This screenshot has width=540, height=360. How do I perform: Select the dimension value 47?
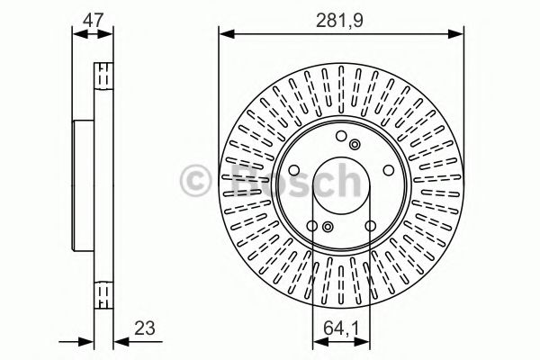coord(93,15)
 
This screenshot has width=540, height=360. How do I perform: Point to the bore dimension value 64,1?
coord(339,329)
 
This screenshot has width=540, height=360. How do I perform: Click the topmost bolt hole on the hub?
coord(340,137)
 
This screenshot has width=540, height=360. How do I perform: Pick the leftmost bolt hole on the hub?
coord(294,170)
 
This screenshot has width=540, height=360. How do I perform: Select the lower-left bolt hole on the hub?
coord(311,224)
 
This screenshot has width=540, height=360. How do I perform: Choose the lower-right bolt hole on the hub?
coord(369,224)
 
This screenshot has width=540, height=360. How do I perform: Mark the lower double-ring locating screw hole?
coord(328,228)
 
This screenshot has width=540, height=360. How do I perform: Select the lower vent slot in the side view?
coord(103,292)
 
